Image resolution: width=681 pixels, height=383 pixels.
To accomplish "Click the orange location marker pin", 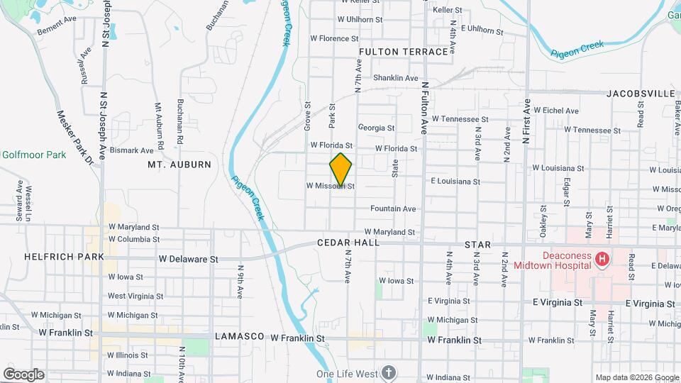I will tap(341, 169).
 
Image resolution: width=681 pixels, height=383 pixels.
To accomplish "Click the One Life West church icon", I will tap(388, 372).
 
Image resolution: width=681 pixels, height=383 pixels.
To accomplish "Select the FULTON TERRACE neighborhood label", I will tap(404, 52).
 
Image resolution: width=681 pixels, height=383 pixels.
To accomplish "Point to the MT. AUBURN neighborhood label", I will tap(179, 165).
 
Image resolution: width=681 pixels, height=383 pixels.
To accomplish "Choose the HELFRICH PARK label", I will tap(64, 257).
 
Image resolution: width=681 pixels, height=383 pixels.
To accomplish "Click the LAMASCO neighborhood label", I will tap(239, 336).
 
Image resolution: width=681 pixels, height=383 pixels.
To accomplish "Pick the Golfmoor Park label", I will tap(33, 155).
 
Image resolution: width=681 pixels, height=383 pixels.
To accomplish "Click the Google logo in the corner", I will tap(23, 374).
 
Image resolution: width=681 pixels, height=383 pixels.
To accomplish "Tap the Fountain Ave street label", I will tap(393, 209).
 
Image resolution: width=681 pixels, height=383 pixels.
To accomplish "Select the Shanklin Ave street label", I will tap(396, 78).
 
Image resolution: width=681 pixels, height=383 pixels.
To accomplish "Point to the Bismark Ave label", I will tap(131, 151).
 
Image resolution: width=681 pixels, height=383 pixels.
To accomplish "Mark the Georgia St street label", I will tap(376, 128).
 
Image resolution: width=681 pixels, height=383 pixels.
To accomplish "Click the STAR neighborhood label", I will tap(477, 245).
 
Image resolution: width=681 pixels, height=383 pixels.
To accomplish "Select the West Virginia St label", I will tap(135, 296).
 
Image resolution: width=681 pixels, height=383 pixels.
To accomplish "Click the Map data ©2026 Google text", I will tap(636, 377).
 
